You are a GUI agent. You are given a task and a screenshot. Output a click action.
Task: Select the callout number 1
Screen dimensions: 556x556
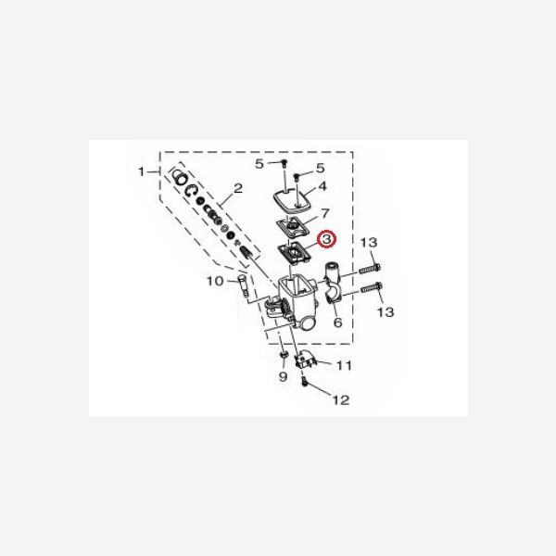(143, 172)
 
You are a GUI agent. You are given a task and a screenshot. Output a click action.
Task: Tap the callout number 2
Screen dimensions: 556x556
(237, 188)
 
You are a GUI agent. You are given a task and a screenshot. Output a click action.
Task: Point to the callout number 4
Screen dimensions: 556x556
(322, 186)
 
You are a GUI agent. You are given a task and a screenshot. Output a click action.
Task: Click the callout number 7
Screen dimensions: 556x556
(323, 214)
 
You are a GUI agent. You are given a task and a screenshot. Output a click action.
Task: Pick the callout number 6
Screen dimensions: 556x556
(337, 322)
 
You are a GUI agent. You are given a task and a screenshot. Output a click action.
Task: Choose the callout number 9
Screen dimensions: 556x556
(283, 379)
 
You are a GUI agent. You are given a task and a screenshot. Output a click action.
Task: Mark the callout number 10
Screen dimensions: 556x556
(212, 281)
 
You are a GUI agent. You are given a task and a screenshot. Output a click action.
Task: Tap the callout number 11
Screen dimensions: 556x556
(344, 366)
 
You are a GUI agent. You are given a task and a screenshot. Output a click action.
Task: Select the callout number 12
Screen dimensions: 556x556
(341, 400)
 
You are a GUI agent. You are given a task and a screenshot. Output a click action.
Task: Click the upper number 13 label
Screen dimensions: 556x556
(369, 242)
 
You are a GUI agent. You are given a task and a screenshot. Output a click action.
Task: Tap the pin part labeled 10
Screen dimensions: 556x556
(244, 282)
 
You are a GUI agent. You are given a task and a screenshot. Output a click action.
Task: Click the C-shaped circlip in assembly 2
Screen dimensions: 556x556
(191, 191)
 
